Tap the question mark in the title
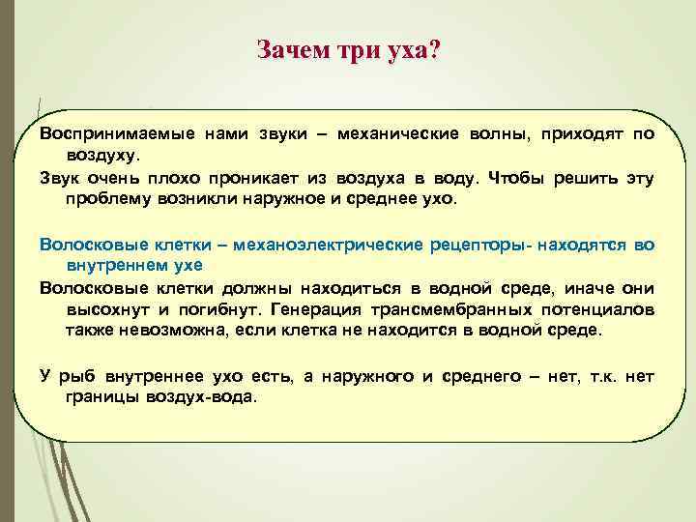click(433, 49)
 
